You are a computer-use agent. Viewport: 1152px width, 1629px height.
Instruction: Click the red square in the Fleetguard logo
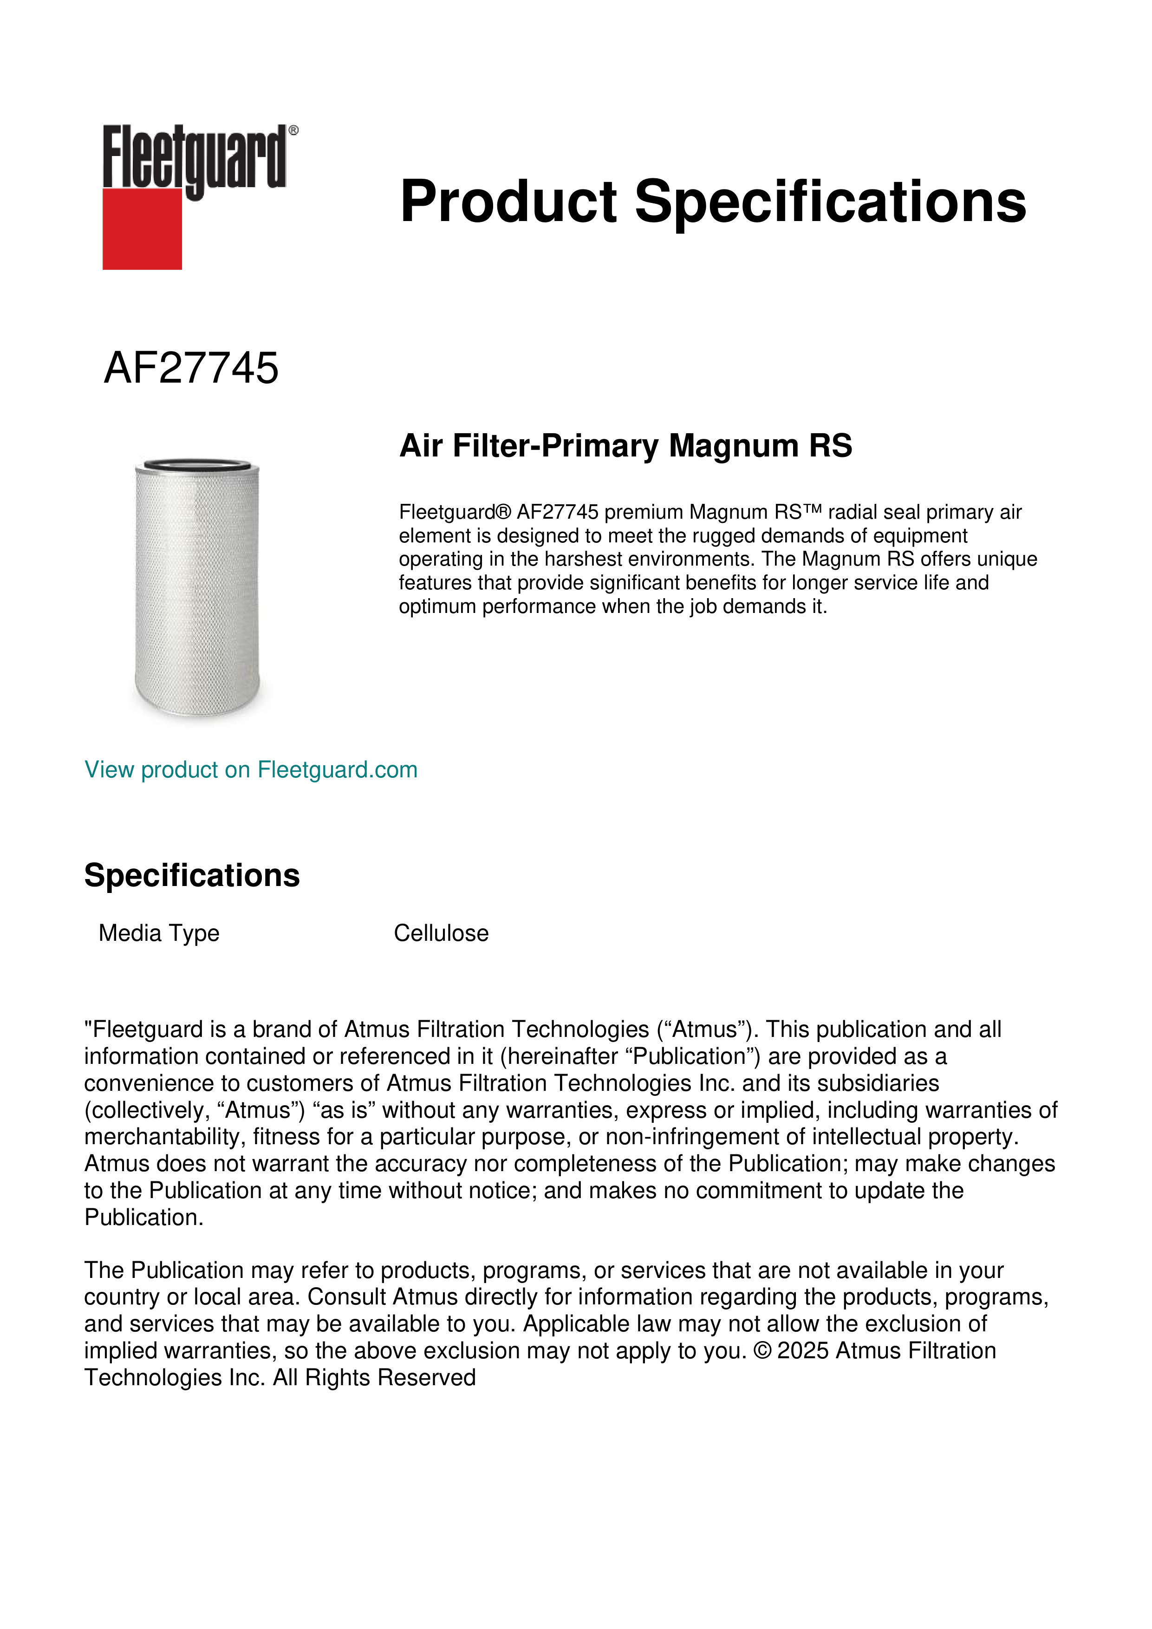142,228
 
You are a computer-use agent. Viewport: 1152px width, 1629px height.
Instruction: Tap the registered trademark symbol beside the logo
293,130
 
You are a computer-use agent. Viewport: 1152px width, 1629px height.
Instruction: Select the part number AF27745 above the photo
191,368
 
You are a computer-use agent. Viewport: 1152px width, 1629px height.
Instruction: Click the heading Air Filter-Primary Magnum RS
625,446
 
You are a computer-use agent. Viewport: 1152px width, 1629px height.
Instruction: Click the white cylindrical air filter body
197,589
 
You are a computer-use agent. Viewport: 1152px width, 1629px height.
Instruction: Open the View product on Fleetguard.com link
250,770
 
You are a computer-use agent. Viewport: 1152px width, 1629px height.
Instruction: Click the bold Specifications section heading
191,875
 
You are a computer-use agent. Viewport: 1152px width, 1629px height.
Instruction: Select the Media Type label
159,933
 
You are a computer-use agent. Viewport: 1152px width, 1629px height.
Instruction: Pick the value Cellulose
441,933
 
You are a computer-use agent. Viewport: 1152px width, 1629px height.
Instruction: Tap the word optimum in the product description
437,606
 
